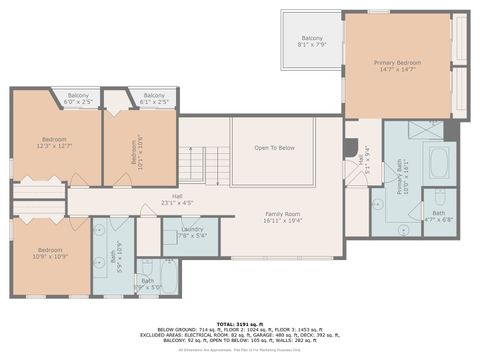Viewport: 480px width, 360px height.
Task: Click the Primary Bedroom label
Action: pos(398,66)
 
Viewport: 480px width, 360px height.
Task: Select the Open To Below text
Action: pos(274,148)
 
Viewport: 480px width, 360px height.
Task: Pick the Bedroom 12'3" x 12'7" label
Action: pos(54,142)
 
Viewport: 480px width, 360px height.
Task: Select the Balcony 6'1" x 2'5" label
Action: pos(153,99)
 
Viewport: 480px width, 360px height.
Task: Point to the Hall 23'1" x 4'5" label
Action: pos(177,199)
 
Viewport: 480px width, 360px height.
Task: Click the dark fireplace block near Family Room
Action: pos(350,148)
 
